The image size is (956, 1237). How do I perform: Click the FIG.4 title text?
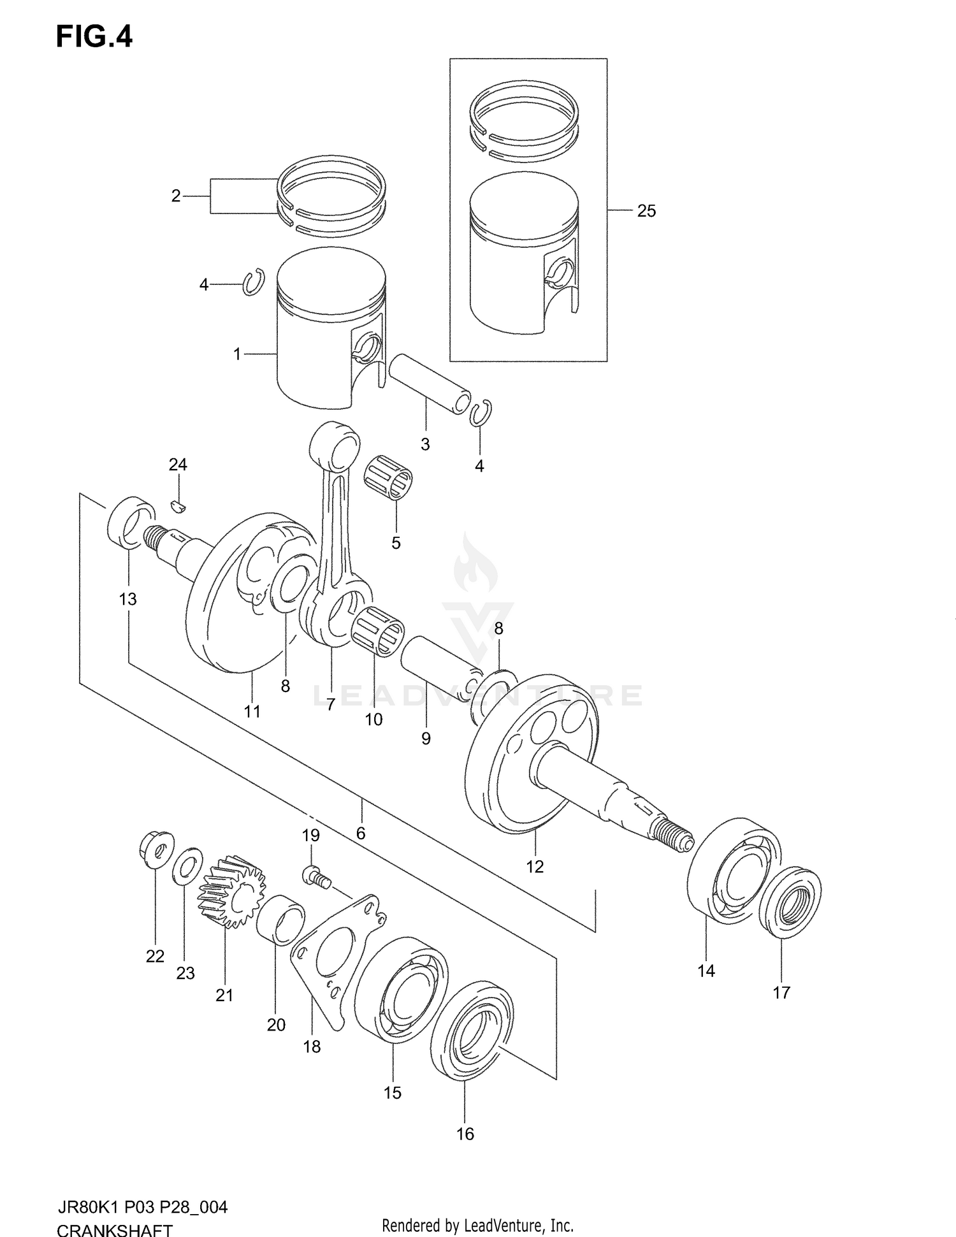click(x=94, y=37)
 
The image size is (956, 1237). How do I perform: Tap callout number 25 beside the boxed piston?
click(x=646, y=211)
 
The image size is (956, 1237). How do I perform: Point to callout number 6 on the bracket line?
click(x=361, y=833)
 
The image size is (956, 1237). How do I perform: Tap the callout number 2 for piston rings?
click(x=176, y=196)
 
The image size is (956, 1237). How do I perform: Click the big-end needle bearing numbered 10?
click(x=377, y=632)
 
